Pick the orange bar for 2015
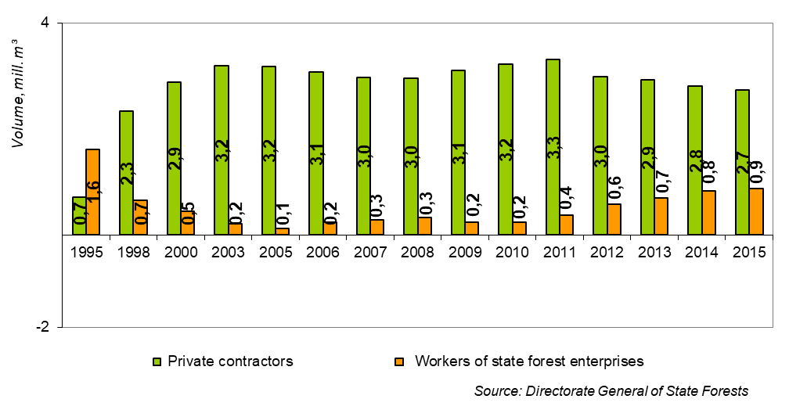756,211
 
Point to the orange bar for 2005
283,231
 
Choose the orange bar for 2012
614,219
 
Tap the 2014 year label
701,252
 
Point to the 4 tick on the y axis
45,23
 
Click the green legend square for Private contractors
157,361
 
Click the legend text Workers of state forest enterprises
529,361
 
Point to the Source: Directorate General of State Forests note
611,390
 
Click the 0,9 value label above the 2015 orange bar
756,170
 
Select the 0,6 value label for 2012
614,186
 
